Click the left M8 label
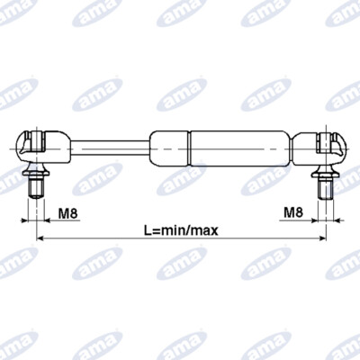67,213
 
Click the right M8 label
293,212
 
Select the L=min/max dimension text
181,230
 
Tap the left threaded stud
36,188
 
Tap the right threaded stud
326,188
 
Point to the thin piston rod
110,148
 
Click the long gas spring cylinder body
240,148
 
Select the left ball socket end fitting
43,147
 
